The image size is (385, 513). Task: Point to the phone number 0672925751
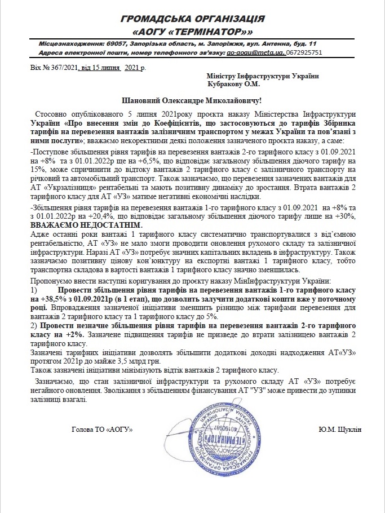click(304, 52)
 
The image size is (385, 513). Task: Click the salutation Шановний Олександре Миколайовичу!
click(192, 101)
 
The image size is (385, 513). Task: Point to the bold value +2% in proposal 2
click(74, 334)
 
